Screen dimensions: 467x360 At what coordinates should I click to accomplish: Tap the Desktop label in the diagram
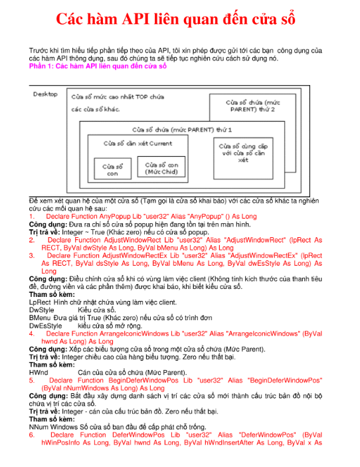tap(45, 94)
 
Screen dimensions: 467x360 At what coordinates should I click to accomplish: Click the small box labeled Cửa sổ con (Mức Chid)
tap(161, 167)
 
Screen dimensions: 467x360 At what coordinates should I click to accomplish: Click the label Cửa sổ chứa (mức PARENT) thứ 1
tap(182, 130)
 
